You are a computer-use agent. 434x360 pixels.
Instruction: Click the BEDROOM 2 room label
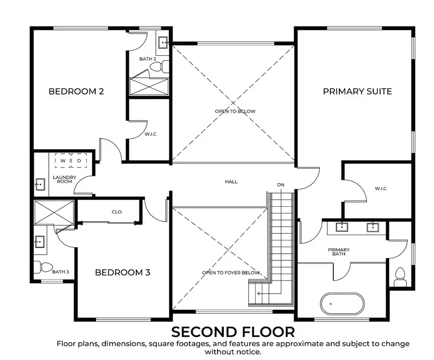(x=76, y=91)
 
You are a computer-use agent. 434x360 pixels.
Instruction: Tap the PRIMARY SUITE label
(x=357, y=91)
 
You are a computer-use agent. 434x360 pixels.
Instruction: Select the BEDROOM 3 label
(x=122, y=272)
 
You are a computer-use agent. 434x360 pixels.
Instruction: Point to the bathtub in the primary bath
(x=342, y=304)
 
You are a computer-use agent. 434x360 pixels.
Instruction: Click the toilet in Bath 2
(x=159, y=67)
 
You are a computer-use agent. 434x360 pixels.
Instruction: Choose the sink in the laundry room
(x=41, y=184)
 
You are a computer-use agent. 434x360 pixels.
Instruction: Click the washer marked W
(x=63, y=160)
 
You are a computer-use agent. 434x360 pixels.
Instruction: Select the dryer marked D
(x=79, y=160)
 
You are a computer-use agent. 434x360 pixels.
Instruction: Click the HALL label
(x=231, y=182)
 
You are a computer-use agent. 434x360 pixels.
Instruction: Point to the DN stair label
(x=281, y=185)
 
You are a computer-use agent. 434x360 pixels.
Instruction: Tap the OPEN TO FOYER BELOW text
(x=231, y=273)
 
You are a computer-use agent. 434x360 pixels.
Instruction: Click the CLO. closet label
(x=117, y=212)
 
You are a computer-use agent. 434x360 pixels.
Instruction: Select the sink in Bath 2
(x=163, y=42)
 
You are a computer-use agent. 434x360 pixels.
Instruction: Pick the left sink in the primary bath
(x=342, y=227)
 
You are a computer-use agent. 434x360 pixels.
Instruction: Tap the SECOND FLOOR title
(x=233, y=332)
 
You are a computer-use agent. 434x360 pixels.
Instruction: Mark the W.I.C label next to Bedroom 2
(x=150, y=134)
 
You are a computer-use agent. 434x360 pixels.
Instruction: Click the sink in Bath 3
(x=40, y=242)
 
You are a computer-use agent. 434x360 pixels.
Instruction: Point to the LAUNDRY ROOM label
(x=65, y=179)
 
